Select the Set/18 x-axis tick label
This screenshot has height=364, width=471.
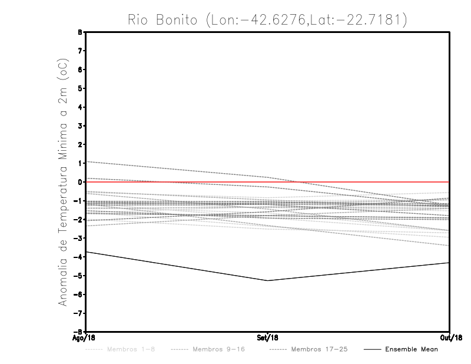268,338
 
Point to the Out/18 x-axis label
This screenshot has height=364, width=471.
450,338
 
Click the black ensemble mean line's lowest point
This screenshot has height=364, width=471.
268,280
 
